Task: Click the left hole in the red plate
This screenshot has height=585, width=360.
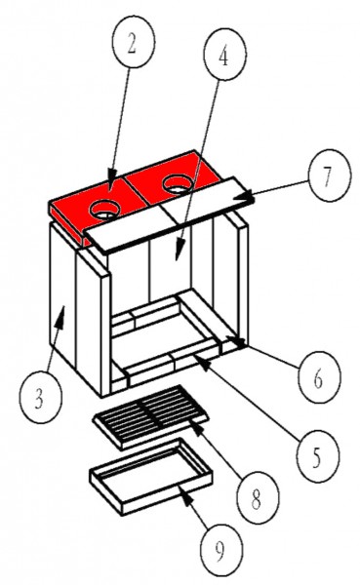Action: (x=104, y=210)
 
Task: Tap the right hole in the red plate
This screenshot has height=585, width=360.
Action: (x=179, y=183)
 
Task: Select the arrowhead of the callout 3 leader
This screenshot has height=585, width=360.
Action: (x=60, y=316)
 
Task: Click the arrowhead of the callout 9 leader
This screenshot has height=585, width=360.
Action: (x=186, y=493)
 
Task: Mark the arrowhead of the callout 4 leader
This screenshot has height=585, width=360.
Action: (x=180, y=252)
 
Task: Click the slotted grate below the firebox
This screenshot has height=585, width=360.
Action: (x=150, y=416)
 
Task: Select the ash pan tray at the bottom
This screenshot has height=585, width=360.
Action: (x=151, y=477)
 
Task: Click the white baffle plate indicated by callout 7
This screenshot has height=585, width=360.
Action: (x=169, y=214)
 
